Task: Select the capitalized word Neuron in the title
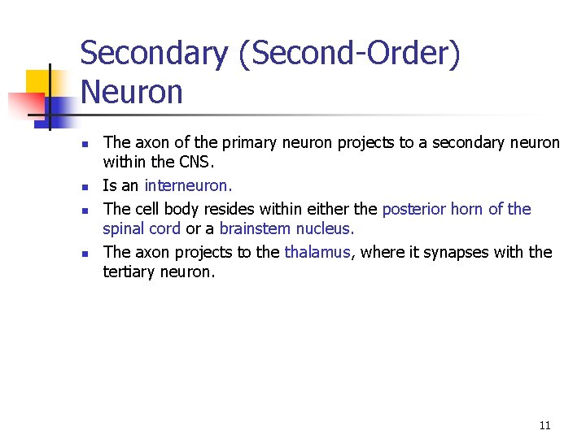(x=132, y=92)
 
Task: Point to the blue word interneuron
(x=187, y=185)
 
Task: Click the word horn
(x=466, y=209)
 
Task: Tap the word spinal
(x=124, y=228)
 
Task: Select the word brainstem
(x=252, y=228)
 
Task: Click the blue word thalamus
(x=317, y=252)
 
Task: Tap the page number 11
(x=544, y=425)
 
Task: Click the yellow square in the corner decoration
(x=38, y=81)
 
